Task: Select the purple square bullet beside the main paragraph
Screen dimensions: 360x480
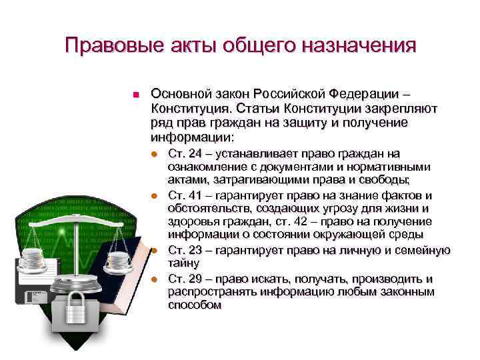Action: [135, 95]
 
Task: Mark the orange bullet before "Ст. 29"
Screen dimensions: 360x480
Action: [153, 279]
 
